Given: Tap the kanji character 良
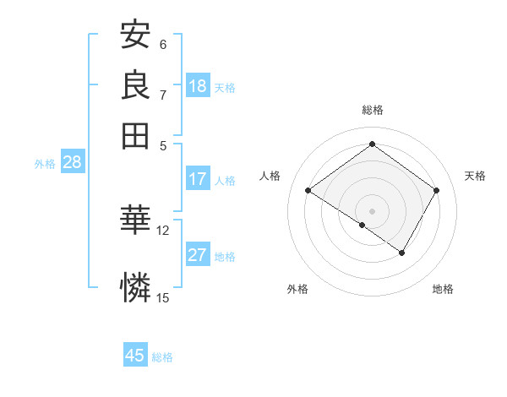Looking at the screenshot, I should pos(135,84).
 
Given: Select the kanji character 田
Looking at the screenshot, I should pos(135,134).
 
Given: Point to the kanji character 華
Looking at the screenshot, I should pos(135,220).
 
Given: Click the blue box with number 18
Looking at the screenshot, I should pos(198,86).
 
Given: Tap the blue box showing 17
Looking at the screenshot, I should pos(198,179).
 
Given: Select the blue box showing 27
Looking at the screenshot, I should pos(198,255).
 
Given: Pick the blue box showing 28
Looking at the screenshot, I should pos(72,163).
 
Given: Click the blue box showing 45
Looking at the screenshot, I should pos(135,356).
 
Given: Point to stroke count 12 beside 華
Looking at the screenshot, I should pos(163,230).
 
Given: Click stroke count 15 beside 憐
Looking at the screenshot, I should pos(163,296).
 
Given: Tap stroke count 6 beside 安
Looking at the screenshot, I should pos(163,45).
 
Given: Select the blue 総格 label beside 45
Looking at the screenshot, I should pos(162,357).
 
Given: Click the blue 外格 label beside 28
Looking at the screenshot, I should pos(45,165).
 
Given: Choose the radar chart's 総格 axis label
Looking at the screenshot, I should pos(373,110).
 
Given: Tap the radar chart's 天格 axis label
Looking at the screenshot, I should pos(475,176).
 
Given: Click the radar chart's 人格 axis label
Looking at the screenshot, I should pos(270,176).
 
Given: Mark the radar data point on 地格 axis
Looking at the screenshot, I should pos(402,253).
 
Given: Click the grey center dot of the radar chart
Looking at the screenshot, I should pos(373,210).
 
